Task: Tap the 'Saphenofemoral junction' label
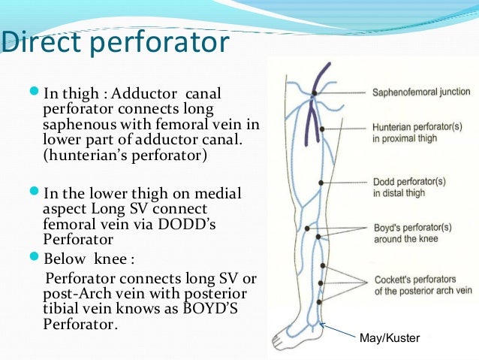point(421,92)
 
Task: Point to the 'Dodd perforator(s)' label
point(409,187)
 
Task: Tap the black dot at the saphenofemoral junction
point(315,92)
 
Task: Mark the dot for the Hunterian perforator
point(322,129)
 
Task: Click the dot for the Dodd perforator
point(321,183)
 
